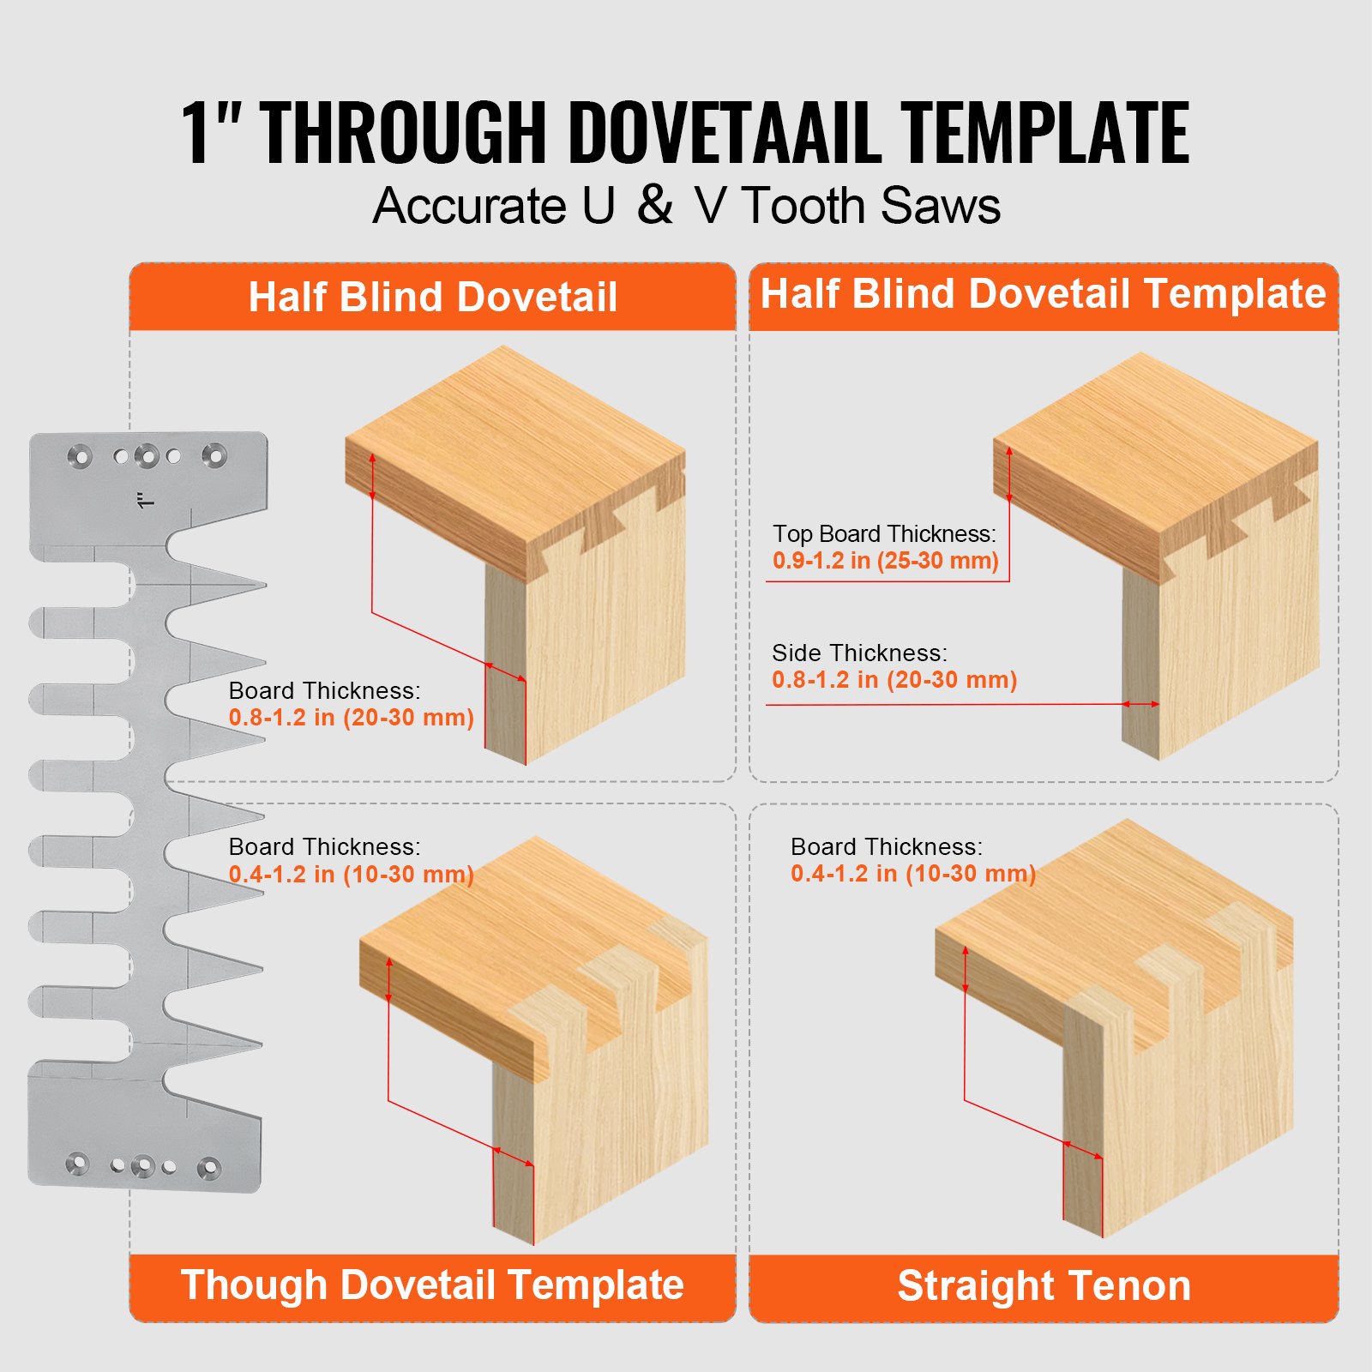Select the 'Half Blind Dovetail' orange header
pos(432,298)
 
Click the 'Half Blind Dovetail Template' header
pos(1043,294)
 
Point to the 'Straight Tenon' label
pos(1044,1285)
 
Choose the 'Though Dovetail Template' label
pos(432,1285)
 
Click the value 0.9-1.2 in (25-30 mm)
pos(885,561)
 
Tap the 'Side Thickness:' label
pos(859,653)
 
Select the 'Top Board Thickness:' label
pos(884,533)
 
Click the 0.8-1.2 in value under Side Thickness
pos(894,680)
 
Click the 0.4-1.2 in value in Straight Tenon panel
pos(912,874)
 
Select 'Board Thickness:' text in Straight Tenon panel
pos(886,846)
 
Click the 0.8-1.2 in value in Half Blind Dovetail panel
pos(351,718)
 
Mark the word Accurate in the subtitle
pos(469,206)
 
